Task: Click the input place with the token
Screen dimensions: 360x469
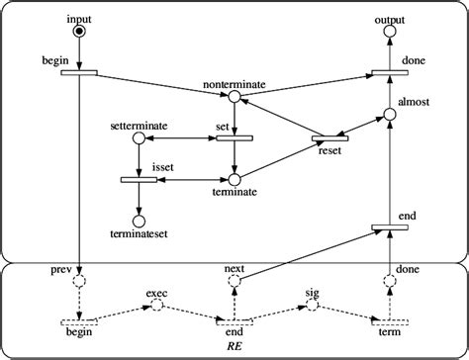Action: point(79,32)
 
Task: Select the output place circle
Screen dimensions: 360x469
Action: point(389,33)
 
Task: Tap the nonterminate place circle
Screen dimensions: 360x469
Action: point(234,97)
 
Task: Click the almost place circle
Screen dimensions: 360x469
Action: point(389,116)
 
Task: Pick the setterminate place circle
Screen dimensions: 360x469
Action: point(139,137)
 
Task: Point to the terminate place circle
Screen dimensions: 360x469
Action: point(234,180)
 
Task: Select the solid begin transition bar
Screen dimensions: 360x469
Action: point(79,71)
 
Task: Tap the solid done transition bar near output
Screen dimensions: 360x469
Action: point(389,71)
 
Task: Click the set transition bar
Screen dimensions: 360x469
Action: point(234,137)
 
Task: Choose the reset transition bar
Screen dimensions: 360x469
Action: point(327,137)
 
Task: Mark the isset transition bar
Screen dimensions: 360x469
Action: point(139,180)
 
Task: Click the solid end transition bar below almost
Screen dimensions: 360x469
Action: point(389,228)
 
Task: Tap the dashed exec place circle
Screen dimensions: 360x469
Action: point(156,306)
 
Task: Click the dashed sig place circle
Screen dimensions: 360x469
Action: point(312,306)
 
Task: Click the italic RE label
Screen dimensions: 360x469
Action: point(234,347)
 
